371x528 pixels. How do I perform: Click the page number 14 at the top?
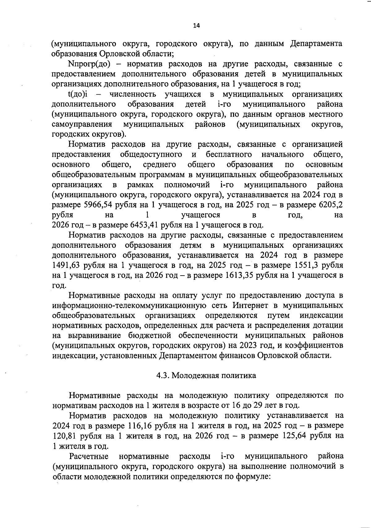point(196,26)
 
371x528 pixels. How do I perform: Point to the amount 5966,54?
point(97,205)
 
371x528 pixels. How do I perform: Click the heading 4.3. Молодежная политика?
point(206,376)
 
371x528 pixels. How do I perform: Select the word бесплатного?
point(229,154)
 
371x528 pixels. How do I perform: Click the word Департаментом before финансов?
point(190,355)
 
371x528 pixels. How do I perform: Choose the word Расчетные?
point(89,456)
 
